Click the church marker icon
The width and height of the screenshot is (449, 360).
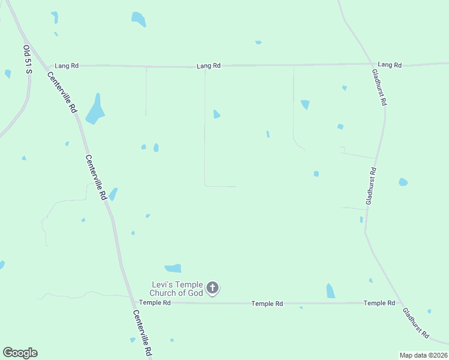point(212,288)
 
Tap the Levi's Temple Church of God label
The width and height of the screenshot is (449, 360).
point(177,288)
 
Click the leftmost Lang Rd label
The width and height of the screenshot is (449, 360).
point(67,65)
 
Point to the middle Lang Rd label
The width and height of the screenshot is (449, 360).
point(209,65)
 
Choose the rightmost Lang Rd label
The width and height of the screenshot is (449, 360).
point(389,64)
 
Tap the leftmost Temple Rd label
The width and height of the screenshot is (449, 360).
point(155,303)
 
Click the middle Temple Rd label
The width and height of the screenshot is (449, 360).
point(267,304)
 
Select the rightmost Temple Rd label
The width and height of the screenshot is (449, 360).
point(379,303)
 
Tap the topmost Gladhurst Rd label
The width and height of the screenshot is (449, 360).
point(379,88)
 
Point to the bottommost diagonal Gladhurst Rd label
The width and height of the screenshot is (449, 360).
point(416,323)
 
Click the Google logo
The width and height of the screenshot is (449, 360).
point(20,353)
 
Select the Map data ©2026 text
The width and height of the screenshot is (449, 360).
point(423,355)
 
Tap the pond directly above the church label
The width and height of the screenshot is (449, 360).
point(173,268)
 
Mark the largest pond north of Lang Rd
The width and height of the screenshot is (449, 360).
point(139,19)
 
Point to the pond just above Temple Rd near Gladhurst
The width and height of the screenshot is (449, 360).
point(330,291)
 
